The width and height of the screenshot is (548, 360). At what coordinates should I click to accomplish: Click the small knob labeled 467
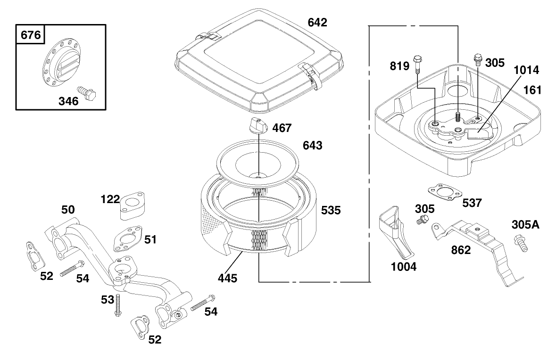point(258,126)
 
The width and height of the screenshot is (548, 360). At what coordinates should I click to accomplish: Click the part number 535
point(330,210)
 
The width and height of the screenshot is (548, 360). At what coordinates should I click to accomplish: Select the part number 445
point(227,278)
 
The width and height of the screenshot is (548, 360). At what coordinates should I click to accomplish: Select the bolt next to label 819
point(417,64)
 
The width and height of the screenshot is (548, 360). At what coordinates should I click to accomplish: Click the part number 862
point(460,250)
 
